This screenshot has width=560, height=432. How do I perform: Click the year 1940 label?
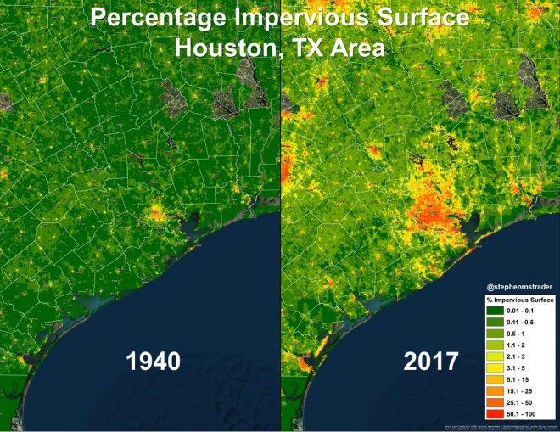point(154,361)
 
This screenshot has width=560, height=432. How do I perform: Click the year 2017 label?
point(430,361)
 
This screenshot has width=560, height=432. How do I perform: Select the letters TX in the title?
point(305,48)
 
